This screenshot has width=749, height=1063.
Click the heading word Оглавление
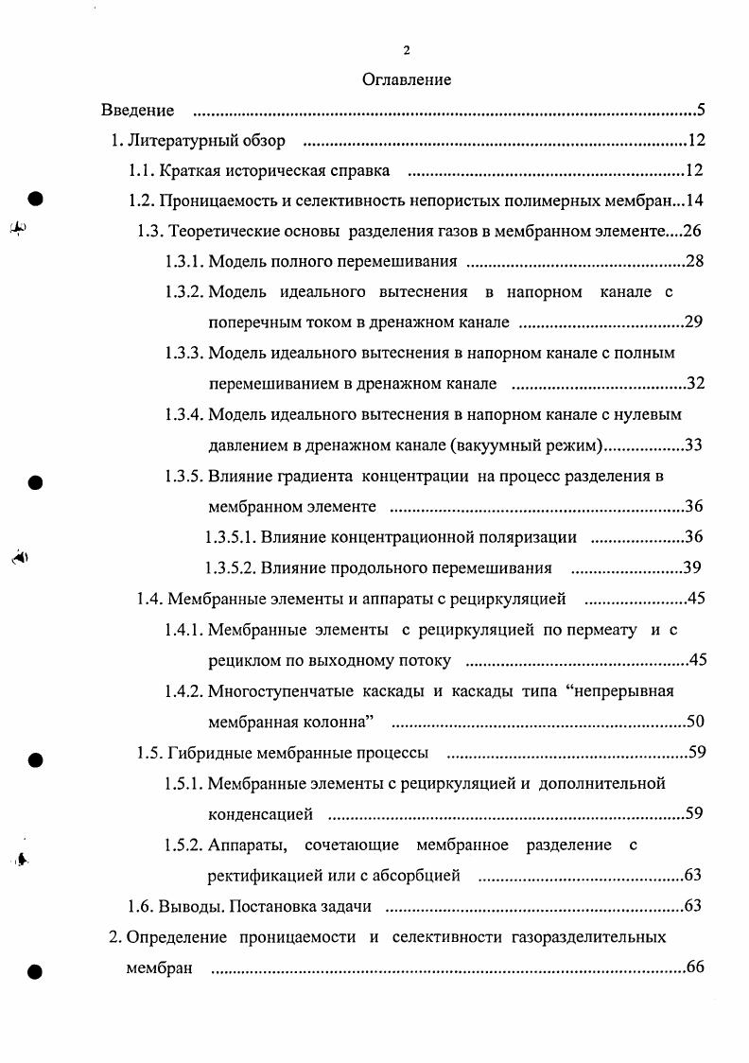tap(407, 79)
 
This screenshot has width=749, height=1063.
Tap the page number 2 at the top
tap(407, 50)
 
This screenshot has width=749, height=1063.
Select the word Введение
tap(137, 111)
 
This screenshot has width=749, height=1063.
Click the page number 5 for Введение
tap(701, 111)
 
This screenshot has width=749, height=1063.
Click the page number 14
tap(695, 201)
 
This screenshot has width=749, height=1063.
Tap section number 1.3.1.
tap(183, 262)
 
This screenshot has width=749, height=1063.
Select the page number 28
tap(695, 262)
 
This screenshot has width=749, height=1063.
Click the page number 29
tap(694, 322)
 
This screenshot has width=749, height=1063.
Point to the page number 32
tap(695, 383)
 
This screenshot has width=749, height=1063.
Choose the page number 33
tap(694, 444)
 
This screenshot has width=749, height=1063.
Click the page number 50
tap(696, 723)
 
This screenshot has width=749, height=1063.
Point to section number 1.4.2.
tap(183, 691)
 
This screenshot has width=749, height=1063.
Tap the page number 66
tap(696, 967)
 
